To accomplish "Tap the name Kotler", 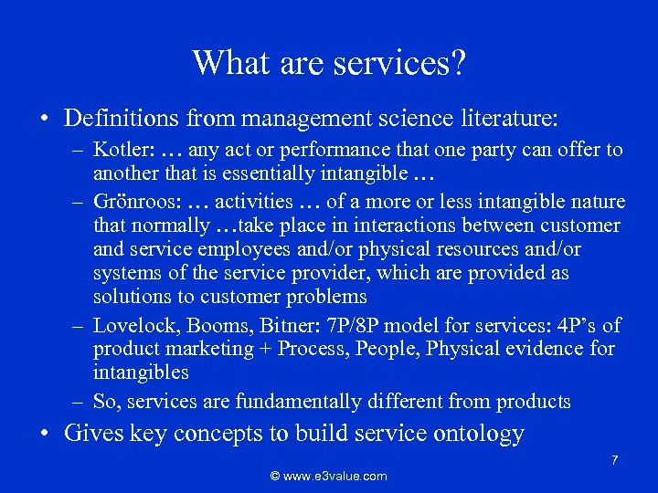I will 119,150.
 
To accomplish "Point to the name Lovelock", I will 131,325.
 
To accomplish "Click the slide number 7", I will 615,460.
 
